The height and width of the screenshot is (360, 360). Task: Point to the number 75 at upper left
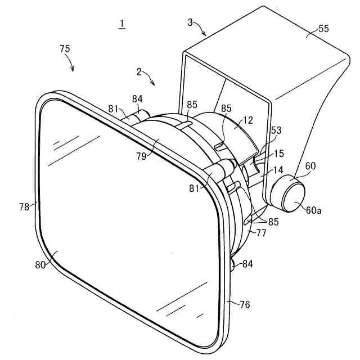click(65, 49)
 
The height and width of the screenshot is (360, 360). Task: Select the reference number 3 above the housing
click(190, 22)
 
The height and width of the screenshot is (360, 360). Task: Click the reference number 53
click(276, 130)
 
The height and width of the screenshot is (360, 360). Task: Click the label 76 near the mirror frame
click(245, 304)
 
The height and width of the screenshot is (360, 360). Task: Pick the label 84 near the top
click(138, 100)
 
